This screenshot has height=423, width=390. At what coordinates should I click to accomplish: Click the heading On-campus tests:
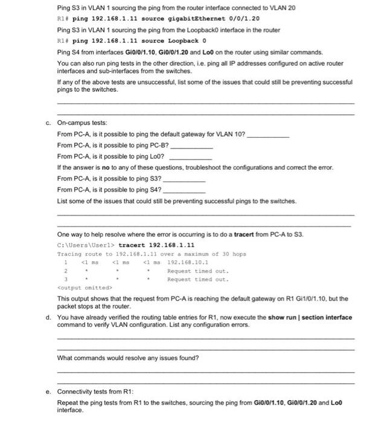coord(82,123)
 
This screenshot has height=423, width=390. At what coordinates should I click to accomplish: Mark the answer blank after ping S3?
coord(184,179)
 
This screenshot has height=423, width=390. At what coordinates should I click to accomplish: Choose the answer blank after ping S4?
coord(184,190)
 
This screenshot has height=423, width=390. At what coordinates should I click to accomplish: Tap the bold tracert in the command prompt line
coord(130,245)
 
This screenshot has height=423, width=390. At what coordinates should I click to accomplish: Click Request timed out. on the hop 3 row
coord(198,280)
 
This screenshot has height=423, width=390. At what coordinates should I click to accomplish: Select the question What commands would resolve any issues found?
coord(127,358)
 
